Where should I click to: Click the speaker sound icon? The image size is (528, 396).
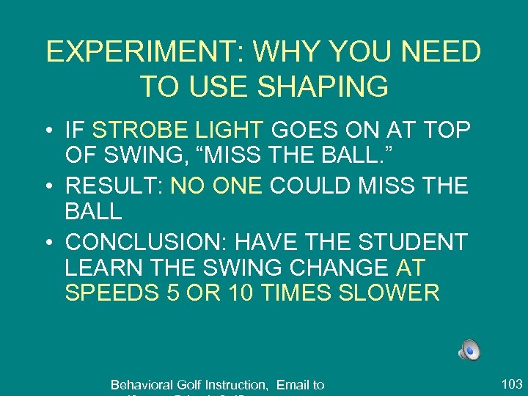pos(470,351)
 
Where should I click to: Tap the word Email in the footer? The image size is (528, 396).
pos(292,385)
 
